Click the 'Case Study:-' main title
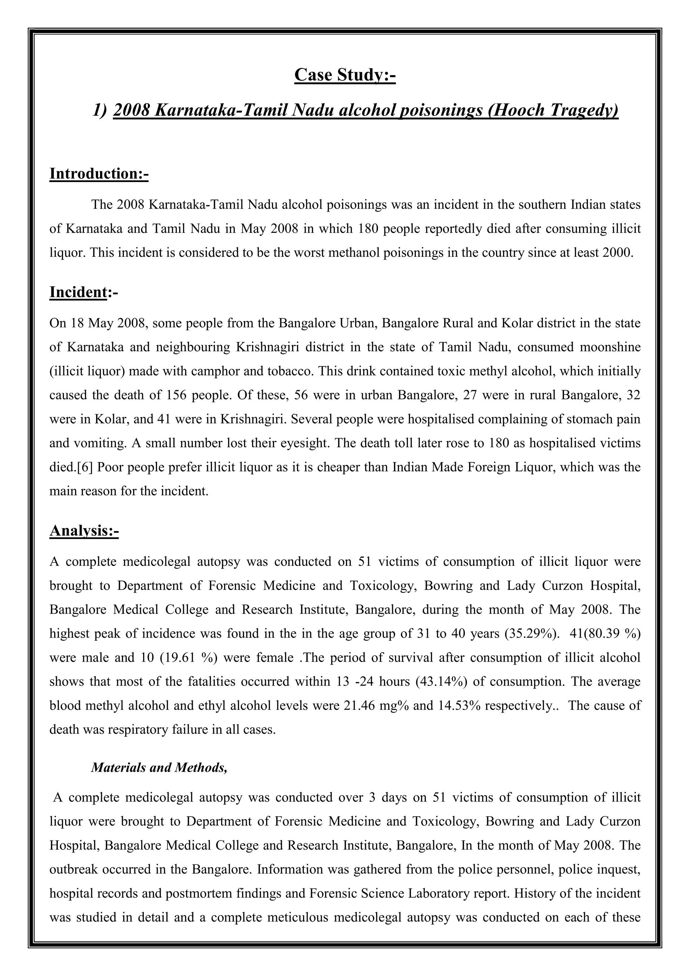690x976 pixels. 345,75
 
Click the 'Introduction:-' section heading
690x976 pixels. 99,174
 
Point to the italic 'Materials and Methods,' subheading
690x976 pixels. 159,767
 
